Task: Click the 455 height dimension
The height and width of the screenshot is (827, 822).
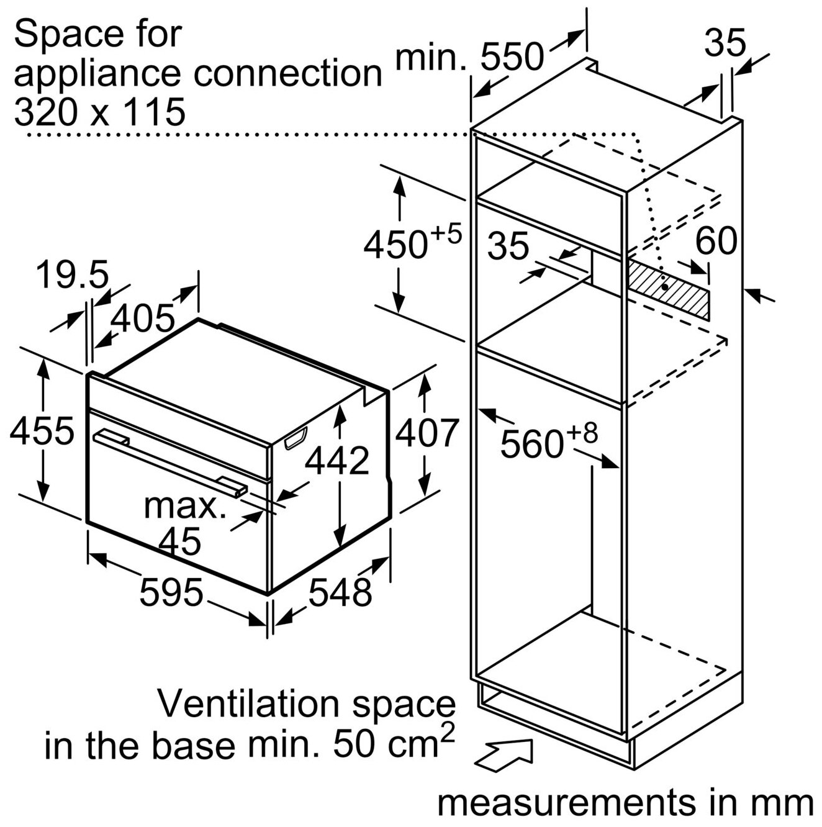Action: click(42, 430)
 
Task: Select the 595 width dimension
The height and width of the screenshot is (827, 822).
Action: click(171, 592)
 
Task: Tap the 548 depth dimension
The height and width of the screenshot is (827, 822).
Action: click(340, 593)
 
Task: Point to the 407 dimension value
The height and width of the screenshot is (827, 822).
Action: click(425, 433)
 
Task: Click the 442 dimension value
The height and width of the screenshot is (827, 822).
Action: click(337, 461)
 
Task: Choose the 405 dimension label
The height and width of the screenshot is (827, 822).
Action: click(143, 319)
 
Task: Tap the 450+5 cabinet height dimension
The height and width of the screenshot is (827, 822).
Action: click(412, 243)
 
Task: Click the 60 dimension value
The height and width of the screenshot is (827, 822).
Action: click(716, 241)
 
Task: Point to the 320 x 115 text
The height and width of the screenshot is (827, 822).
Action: click(99, 111)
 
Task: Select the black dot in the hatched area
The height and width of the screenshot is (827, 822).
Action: click(664, 287)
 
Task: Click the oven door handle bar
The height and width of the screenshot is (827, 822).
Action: click(170, 465)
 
